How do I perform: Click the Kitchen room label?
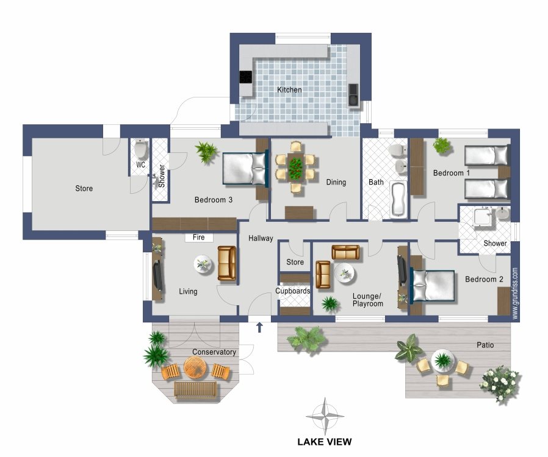pos(289,90)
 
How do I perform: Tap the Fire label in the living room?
pos(199,237)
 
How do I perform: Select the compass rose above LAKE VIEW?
pos(325,416)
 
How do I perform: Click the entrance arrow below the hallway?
pos(260,327)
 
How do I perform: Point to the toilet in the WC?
pos(141,149)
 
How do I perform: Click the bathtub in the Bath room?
pos(398,199)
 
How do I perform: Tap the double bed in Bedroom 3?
pos(245,169)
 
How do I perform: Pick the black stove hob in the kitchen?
pos(245,77)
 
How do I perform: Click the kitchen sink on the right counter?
pos(353,95)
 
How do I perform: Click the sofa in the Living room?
pos(227,263)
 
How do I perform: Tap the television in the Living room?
pos(158,275)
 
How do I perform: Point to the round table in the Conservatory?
pos(195,367)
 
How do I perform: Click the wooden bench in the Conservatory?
pos(195,390)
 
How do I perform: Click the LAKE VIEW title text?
pos(325,442)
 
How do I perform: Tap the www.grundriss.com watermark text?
pos(515,293)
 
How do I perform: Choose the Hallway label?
pos(261,238)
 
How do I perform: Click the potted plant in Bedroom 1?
pos(442,146)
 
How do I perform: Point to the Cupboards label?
pos(293,291)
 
